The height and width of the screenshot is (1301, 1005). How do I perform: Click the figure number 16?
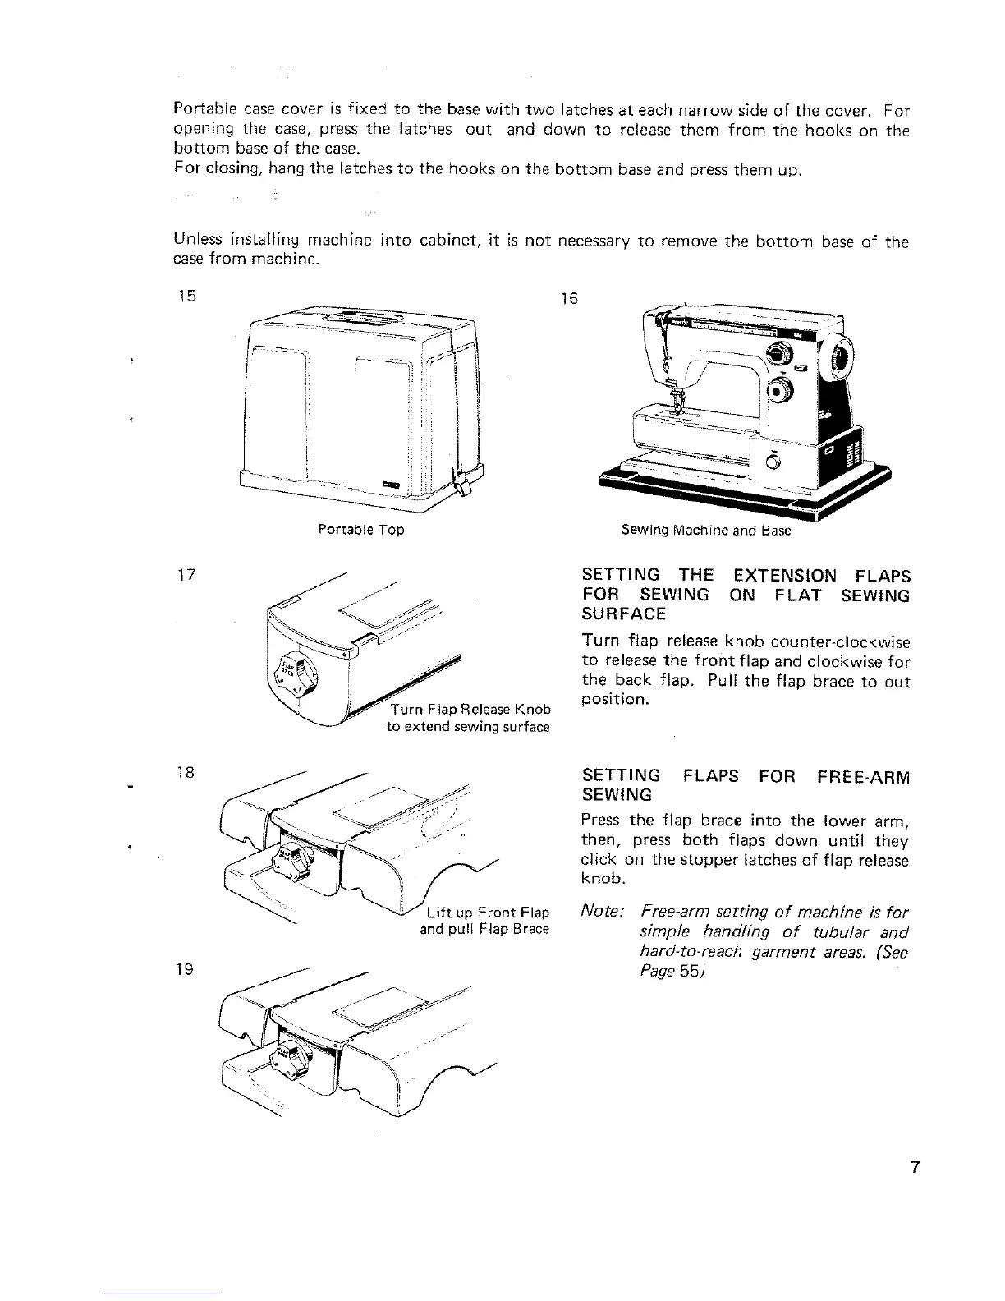570,299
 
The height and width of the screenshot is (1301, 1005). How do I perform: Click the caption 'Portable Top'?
360,530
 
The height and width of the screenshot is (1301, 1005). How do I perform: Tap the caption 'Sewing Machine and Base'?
705,530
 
